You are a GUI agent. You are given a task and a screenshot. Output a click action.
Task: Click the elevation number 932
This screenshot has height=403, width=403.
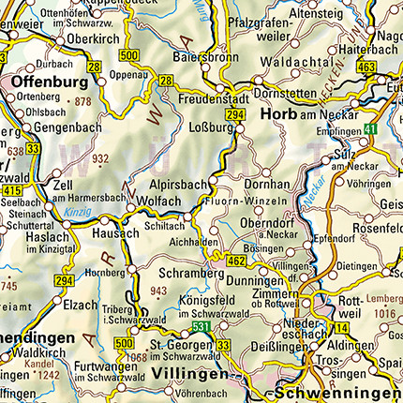(x=100, y=157)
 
